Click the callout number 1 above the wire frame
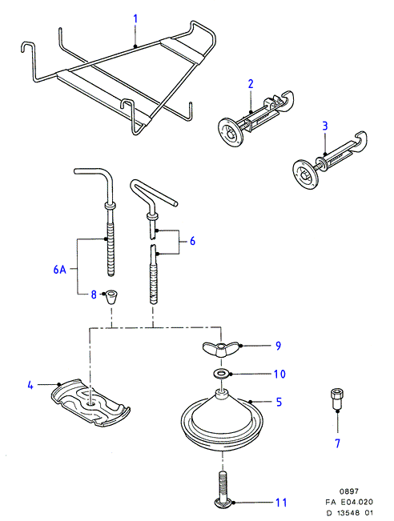tap(135, 18)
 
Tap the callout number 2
tap(251, 84)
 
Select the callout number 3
tap(325, 126)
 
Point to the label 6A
tap(60, 269)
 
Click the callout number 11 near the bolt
tap(281, 503)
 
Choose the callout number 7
tap(337, 443)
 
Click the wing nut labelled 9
tap(219, 349)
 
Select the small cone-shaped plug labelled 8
tap(111, 297)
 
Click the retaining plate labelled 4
tap(90, 403)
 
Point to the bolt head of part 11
tap(223, 503)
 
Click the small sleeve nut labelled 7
tap(337, 399)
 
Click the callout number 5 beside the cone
tap(279, 402)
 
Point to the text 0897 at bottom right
tap(349, 491)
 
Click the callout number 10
tap(279, 374)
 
